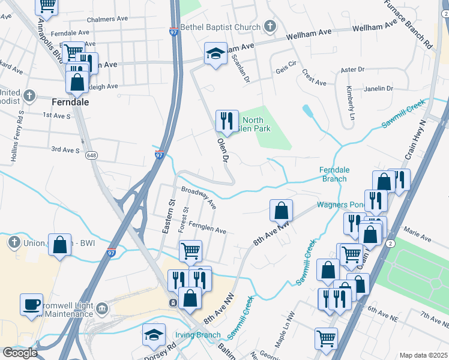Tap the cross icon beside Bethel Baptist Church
pyautogui.click(x=270, y=26)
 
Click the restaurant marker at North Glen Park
pyautogui.click(x=226, y=121)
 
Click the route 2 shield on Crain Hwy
pyautogui.click(x=390, y=242)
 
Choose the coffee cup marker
pyautogui.click(x=31, y=304)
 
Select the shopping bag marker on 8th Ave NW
pyautogui.click(x=281, y=211)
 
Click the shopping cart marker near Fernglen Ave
pyautogui.click(x=190, y=251)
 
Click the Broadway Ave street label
pyautogui.click(x=199, y=197)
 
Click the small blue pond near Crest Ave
pyautogui.click(x=308, y=111)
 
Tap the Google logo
pyautogui.click(x=20, y=353)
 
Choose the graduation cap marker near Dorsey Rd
pyautogui.click(x=154, y=334)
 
